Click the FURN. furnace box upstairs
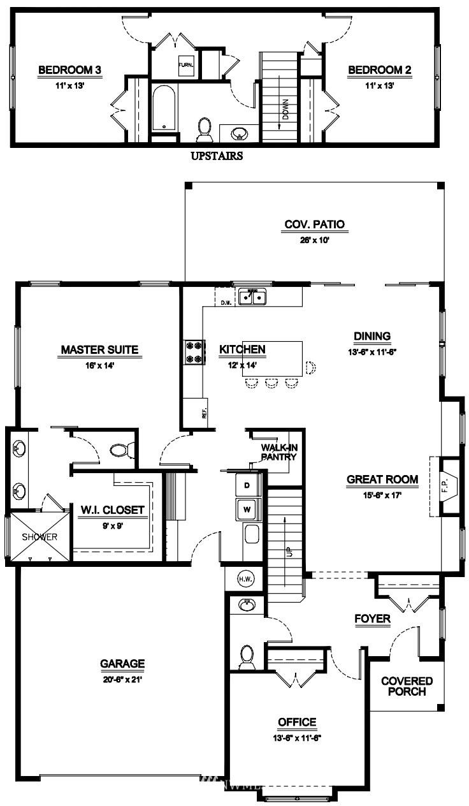coord(186,66)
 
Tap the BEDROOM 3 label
coord(69,70)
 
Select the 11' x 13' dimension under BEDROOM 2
coord(379,85)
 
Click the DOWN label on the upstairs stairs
coord(285,109)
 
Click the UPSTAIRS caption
coord(217,156)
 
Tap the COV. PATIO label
coord(315,224)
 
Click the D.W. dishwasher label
coord(226,303)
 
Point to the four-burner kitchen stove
coord(194,352)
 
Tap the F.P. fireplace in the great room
coord(445,487)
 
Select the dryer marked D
coord(247,485)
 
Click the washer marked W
coord(247,509)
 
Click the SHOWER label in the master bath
coord(40,537)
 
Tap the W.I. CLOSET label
coord(113,510)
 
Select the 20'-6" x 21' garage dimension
coord(122,680)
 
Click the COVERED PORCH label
coord(407,686)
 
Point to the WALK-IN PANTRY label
coord(279,452)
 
